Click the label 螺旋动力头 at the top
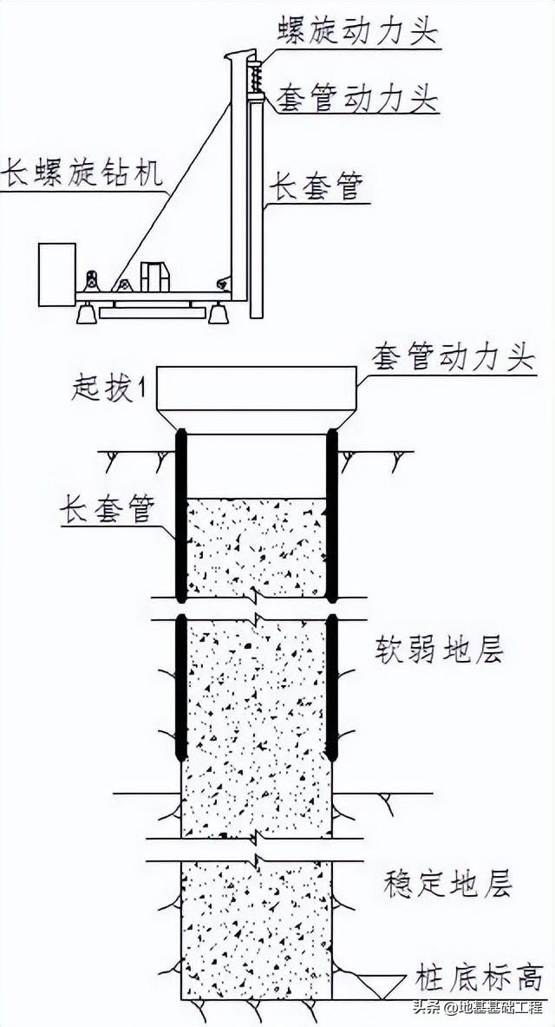(356, 33)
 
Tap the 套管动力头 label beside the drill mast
(356, 100)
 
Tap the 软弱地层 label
(440, 649)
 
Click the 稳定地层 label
(447, 885)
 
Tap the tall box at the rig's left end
(57, 274)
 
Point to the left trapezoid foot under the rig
(87, 313)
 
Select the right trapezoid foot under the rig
(219, 312)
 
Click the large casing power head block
(256, 390)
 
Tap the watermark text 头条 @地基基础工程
(482, 1008)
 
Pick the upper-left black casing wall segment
(181, 515)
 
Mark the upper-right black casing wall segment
(331, 515)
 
